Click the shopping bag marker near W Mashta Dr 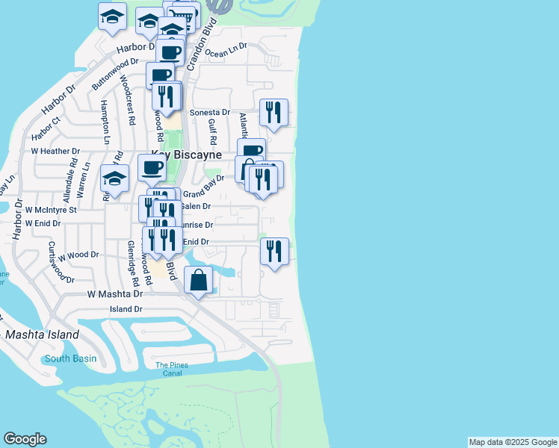[x=199, y=281]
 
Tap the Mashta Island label [x=42, y=335]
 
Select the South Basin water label [x=70, y=358]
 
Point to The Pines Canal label [x=172, y=369]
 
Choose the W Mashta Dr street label [x=114, y=294]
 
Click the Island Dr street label [x=126, y=309]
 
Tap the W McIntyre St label [x=51, y=210]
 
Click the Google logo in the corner [x=25, y=439]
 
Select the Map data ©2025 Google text [x=512, y=442]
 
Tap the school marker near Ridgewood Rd [x=114, y=178]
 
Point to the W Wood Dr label [x=78, y=255]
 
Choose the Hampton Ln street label [x=105, y=122]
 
